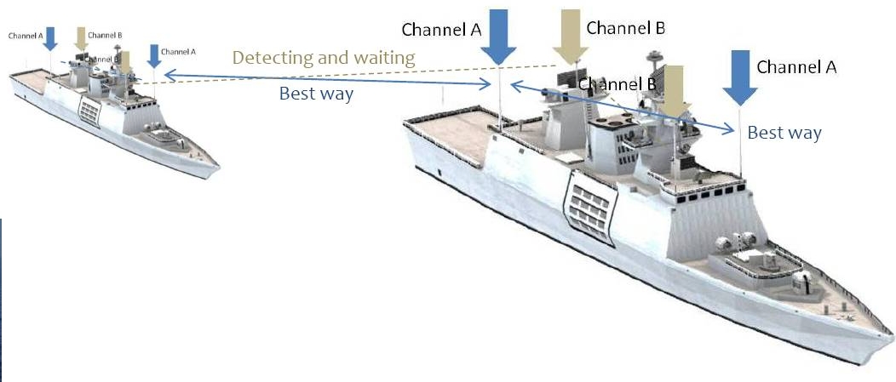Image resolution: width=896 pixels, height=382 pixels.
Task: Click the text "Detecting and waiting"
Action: (324, 58)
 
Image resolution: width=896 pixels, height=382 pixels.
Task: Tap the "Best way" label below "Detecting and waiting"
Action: (316, 94)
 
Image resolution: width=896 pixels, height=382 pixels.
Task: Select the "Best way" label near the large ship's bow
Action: (784, 133)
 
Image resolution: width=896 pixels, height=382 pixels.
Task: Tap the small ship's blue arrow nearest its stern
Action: (50, 37)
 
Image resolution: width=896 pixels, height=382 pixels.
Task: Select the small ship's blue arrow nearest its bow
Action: (154, 55)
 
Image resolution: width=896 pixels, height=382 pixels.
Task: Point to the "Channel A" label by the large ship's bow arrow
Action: (796, 66)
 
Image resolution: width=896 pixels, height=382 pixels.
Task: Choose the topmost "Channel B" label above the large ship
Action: (626, 28)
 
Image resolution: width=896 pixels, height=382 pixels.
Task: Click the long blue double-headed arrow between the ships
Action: (324, 80)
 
